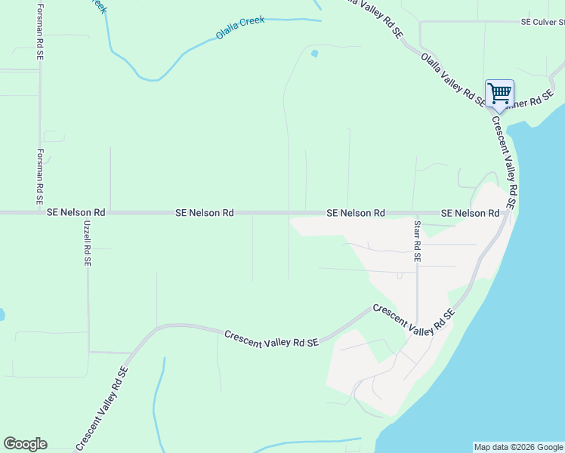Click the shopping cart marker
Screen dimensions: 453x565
click(499, 94)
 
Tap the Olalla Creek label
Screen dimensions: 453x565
click(240, 27)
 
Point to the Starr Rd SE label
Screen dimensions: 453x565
click(417, 242)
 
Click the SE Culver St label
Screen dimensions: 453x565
click(542, 23)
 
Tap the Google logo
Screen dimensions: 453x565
click(25, 444)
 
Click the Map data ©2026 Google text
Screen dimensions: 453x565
click(518, 447)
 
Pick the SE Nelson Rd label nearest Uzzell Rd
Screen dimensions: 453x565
click(76, 214)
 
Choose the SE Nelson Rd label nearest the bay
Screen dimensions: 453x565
click(470, 214)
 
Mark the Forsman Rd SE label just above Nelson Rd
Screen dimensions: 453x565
click(40, 177)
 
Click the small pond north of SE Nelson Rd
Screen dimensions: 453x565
click(314, 54)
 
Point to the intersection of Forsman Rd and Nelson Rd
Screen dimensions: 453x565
click(40, 214)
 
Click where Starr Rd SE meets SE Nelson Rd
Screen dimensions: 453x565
click(415, 214)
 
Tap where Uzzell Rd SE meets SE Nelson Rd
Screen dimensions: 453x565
click(87, 214)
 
